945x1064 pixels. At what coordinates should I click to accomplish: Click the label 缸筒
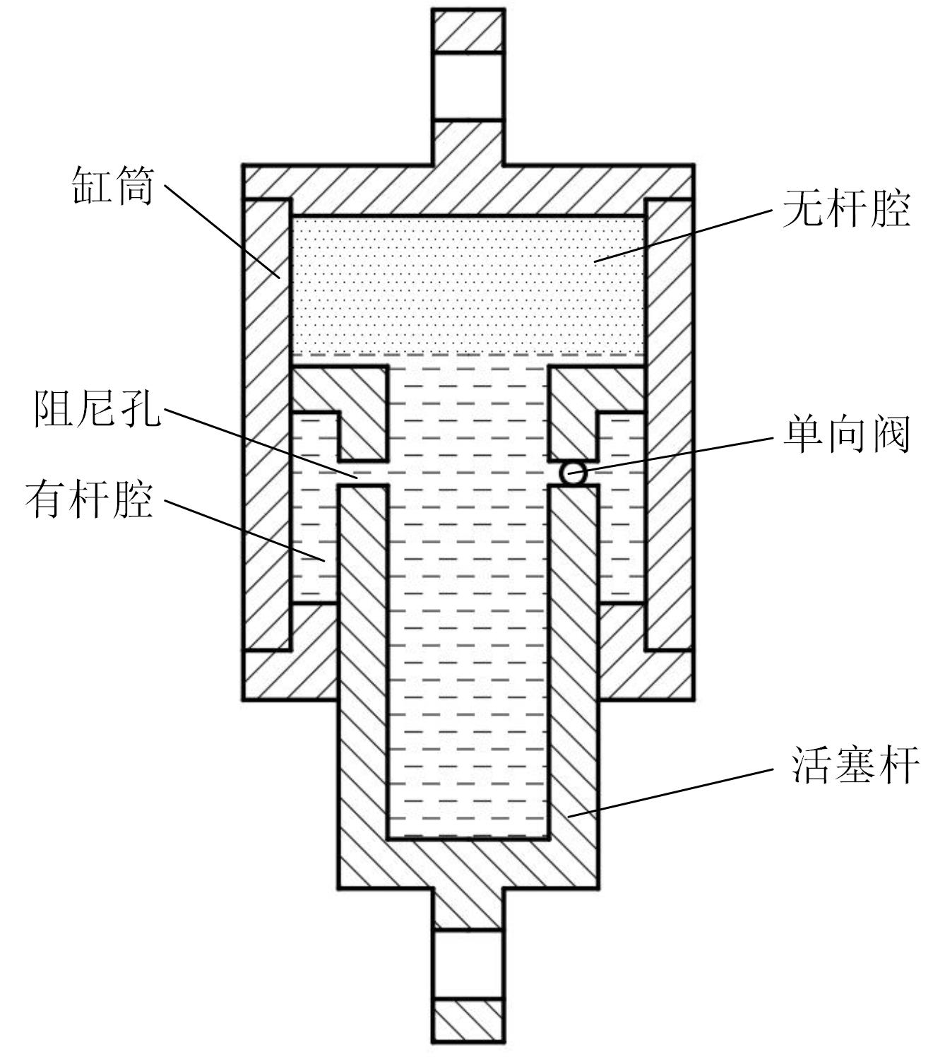[113, 186]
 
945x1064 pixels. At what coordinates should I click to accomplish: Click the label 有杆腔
[89, 500]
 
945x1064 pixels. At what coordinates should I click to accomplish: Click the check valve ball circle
[573, 473]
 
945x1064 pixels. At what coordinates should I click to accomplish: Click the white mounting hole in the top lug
[468, 86]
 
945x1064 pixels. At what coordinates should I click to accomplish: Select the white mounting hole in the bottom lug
[468, 964]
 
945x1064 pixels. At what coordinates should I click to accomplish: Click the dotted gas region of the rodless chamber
[468, 283]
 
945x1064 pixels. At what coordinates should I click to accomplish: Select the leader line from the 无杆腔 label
[682, 235]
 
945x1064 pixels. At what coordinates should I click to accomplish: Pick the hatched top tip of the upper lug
[468, 30]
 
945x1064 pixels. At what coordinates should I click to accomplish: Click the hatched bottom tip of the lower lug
[468, 1020]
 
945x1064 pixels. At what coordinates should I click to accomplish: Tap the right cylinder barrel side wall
[668, 424]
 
